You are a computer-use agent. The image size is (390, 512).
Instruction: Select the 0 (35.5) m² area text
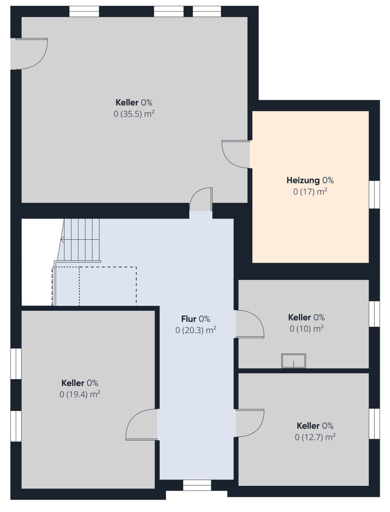134,114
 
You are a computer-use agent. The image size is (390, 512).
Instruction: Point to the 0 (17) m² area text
310,192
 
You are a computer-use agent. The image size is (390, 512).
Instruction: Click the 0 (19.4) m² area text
80,395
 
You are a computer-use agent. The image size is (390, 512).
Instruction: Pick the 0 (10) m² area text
307,329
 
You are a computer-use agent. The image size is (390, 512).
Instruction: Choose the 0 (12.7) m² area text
315,437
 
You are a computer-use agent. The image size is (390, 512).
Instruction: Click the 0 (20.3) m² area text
196,330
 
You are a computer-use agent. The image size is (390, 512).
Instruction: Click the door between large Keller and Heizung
236,154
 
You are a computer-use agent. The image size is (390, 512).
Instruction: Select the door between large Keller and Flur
201,199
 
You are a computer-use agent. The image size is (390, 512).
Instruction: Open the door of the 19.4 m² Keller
142,425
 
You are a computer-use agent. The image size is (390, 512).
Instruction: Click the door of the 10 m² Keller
250,324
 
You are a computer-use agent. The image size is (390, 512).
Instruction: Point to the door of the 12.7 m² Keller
250,423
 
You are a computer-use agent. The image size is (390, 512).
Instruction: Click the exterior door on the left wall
29,54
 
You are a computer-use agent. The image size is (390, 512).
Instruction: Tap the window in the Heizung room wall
374,195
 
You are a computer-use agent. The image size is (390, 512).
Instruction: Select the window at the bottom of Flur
197,485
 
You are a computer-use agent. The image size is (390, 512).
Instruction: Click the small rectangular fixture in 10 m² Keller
293,361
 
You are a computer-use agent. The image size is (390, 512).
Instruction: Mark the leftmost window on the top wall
84,12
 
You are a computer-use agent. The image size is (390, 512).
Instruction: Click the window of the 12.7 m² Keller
374,424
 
